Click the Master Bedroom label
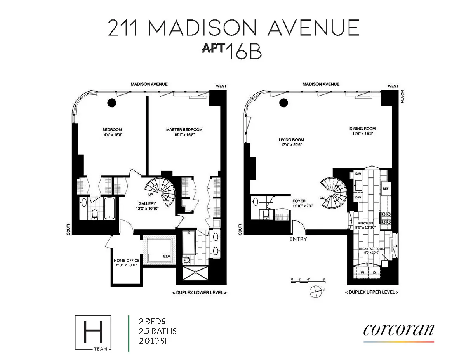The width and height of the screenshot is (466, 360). tap(184, 130)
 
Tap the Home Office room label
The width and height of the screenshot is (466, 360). tap(125, 261)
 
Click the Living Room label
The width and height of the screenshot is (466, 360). tap(291, 140)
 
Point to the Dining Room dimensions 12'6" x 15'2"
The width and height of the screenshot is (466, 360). tap(362, 134)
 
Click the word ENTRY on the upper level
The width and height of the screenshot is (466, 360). tap(298, 239)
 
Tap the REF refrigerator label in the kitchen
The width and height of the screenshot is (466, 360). tap(385, 189)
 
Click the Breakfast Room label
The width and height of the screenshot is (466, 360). tap(372, 249)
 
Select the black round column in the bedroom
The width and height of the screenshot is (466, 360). tap(112, 103)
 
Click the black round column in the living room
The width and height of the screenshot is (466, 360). tap(284, 103)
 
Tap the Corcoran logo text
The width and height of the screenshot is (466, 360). tap(398, 330)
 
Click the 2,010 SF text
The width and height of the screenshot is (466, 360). tap(154, 341)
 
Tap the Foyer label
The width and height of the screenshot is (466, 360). tap(299, 201)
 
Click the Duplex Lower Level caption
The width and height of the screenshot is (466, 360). tap(199, 292)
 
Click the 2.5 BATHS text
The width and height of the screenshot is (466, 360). tap(158, 331)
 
